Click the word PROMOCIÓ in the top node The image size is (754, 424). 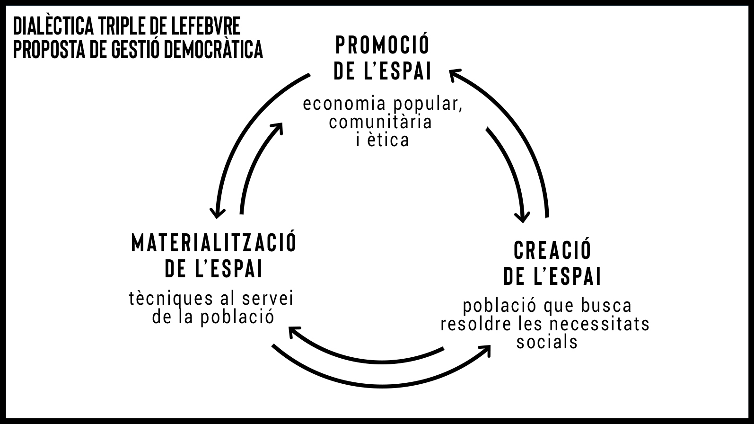(x=382, y=45)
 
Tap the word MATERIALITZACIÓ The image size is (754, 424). (x=214, y=243)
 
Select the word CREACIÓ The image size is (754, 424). (x=552, y=250)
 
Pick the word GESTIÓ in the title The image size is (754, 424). (x=134, y=49)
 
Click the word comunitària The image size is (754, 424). (x=380, y=122)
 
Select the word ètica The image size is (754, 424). (x=389, y=141)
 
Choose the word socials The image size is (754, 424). (x=547, y=342)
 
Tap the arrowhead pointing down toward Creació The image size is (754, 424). (x=522, y=217)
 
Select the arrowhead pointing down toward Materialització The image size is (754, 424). (x=217, y=212)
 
